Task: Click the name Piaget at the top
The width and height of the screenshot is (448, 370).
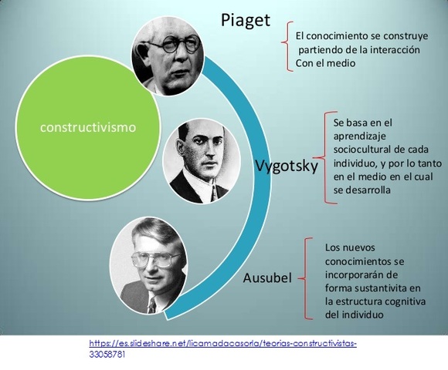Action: coord(246,20)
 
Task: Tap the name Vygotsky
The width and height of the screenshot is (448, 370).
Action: coord(286,166)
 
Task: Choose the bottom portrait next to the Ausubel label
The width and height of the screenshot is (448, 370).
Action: coord(152,266)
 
